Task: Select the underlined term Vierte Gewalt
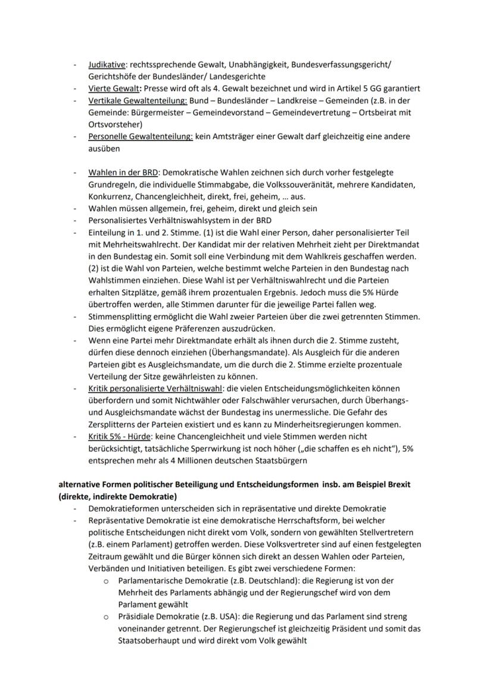[x=113, y=88]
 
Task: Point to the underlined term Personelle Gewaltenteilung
[x=140, y=136]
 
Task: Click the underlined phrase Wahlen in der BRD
[x=124, y=173]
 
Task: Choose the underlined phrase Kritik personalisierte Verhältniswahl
[x=154, y=389]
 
